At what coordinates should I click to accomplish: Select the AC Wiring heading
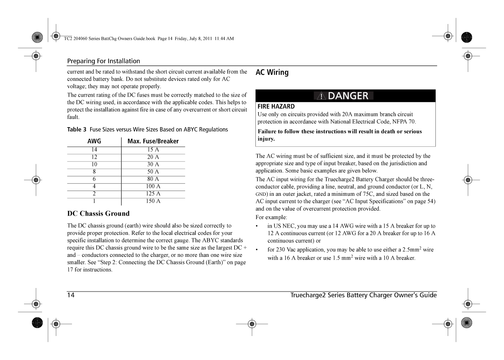tap(272, 72)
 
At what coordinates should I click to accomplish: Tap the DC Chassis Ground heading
tap(98, 214)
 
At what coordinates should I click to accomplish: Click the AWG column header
tap(94, 141)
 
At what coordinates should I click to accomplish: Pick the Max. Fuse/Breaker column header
tap(153, 141)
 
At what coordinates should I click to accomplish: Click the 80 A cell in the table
tap(153, 179)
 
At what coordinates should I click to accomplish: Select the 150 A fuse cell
tap(153, 201)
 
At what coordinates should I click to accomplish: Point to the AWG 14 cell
tap(94, 150)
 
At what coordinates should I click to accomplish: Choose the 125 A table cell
tap(153, 194)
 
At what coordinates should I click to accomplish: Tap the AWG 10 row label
tap(94, 165)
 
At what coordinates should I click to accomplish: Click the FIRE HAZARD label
tap(276, 107)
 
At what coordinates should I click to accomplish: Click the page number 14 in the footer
tap(71, 295)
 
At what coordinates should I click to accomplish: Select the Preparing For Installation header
tap(104, 61)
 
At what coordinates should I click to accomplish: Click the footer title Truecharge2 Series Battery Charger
tap(363, 295)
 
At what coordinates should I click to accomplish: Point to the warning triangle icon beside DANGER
tap(321, 96)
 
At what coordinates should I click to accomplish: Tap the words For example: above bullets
tap(271, 217)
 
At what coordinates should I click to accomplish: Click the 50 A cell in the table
tap(153, 172)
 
